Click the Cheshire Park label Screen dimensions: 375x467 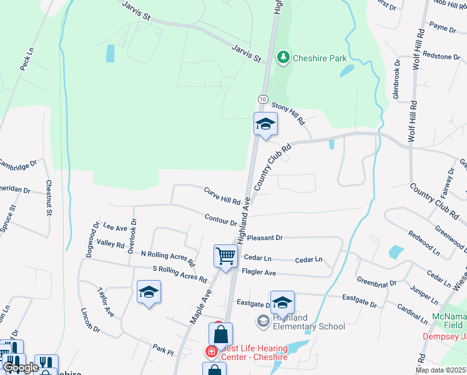[320, 58]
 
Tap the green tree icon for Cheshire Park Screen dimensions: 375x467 [283, 58]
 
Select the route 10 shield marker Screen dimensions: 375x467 [262, 99]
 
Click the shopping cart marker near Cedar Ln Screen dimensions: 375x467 [225, 255]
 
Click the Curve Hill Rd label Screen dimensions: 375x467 [222, 196]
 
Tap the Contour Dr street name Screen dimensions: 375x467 [221, 219]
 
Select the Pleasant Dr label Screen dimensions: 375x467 [265, 238]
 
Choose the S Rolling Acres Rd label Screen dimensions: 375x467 [179, 273]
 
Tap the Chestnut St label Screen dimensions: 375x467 [49, 198]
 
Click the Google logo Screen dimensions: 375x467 [21, 367]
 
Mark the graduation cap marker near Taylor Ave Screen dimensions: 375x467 [149, 292]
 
